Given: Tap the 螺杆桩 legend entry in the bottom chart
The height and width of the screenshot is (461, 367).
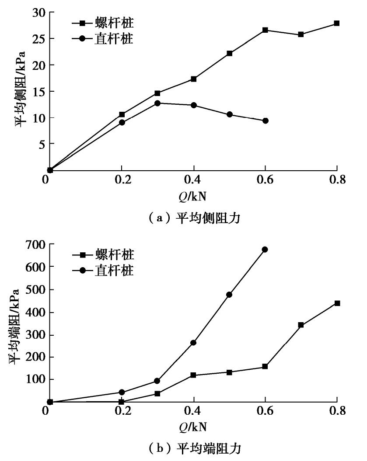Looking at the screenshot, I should pyautogui.click(x=102, y=254).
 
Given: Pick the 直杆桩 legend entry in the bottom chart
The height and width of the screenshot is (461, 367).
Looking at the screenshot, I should pyautogui.click(x=102, y=270).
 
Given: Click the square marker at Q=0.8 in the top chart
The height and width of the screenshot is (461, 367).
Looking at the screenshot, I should pyautogui.click(x=337, y=23).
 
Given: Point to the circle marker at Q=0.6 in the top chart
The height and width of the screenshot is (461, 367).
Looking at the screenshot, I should pyautogui.click(x=265, y=120).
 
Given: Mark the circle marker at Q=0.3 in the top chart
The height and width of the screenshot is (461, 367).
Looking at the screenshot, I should pyautogui.click(x=157, y=103).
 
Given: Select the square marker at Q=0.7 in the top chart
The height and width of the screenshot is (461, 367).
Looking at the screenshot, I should pyautogui.click(x=301, y=34).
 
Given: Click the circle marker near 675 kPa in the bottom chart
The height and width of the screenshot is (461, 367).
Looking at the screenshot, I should pyautogui.click(x=265, y=249).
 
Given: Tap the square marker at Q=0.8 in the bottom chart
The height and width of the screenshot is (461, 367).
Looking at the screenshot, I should pyautogui.click(x=337, y=303).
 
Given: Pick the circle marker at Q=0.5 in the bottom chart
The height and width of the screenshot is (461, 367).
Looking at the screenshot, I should pyautogui.click(x=229, y=294).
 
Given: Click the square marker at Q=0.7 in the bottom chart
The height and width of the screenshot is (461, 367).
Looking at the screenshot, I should pyautogui.click(x=301, y=325).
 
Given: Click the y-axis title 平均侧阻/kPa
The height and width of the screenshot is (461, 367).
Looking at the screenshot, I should pyautogui.click(x=20, y=89).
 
